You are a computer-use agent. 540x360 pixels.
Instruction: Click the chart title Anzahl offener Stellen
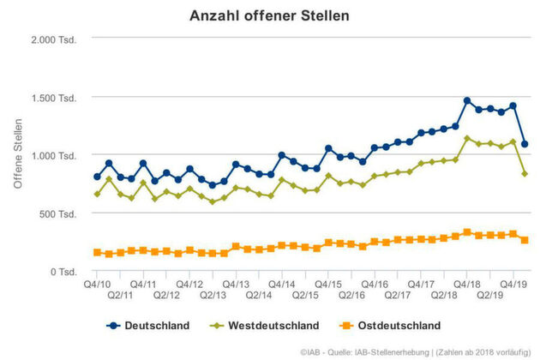269,15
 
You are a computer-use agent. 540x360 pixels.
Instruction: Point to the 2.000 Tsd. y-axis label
57,40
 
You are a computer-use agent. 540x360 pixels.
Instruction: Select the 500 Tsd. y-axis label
62,213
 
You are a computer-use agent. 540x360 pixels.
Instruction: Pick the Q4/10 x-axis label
97,283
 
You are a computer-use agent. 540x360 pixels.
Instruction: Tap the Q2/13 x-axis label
213,295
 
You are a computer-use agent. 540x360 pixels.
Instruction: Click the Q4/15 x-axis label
328,283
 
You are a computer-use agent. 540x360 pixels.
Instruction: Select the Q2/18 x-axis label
444,295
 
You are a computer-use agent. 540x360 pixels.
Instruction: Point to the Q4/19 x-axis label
513,283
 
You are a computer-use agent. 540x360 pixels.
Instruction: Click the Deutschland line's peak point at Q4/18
467,100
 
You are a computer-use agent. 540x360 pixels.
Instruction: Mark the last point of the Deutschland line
525,144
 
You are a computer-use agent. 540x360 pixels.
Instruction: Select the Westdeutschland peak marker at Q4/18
467,138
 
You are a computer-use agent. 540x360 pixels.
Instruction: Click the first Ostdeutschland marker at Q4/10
97,253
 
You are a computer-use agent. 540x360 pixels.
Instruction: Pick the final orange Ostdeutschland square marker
525,240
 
